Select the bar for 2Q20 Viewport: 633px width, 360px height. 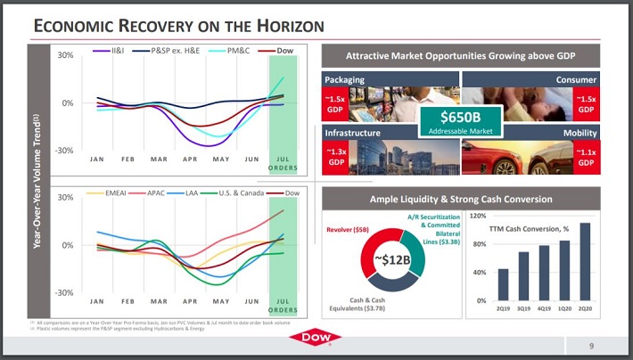(585, 261)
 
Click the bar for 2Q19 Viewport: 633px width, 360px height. (503, 284)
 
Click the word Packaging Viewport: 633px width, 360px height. (345, 79)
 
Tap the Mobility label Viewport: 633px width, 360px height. (580, 132)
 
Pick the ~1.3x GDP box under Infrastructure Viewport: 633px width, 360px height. (337, 156)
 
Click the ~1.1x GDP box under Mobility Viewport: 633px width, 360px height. (585, 156)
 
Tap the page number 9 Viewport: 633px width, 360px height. (592, 345)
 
